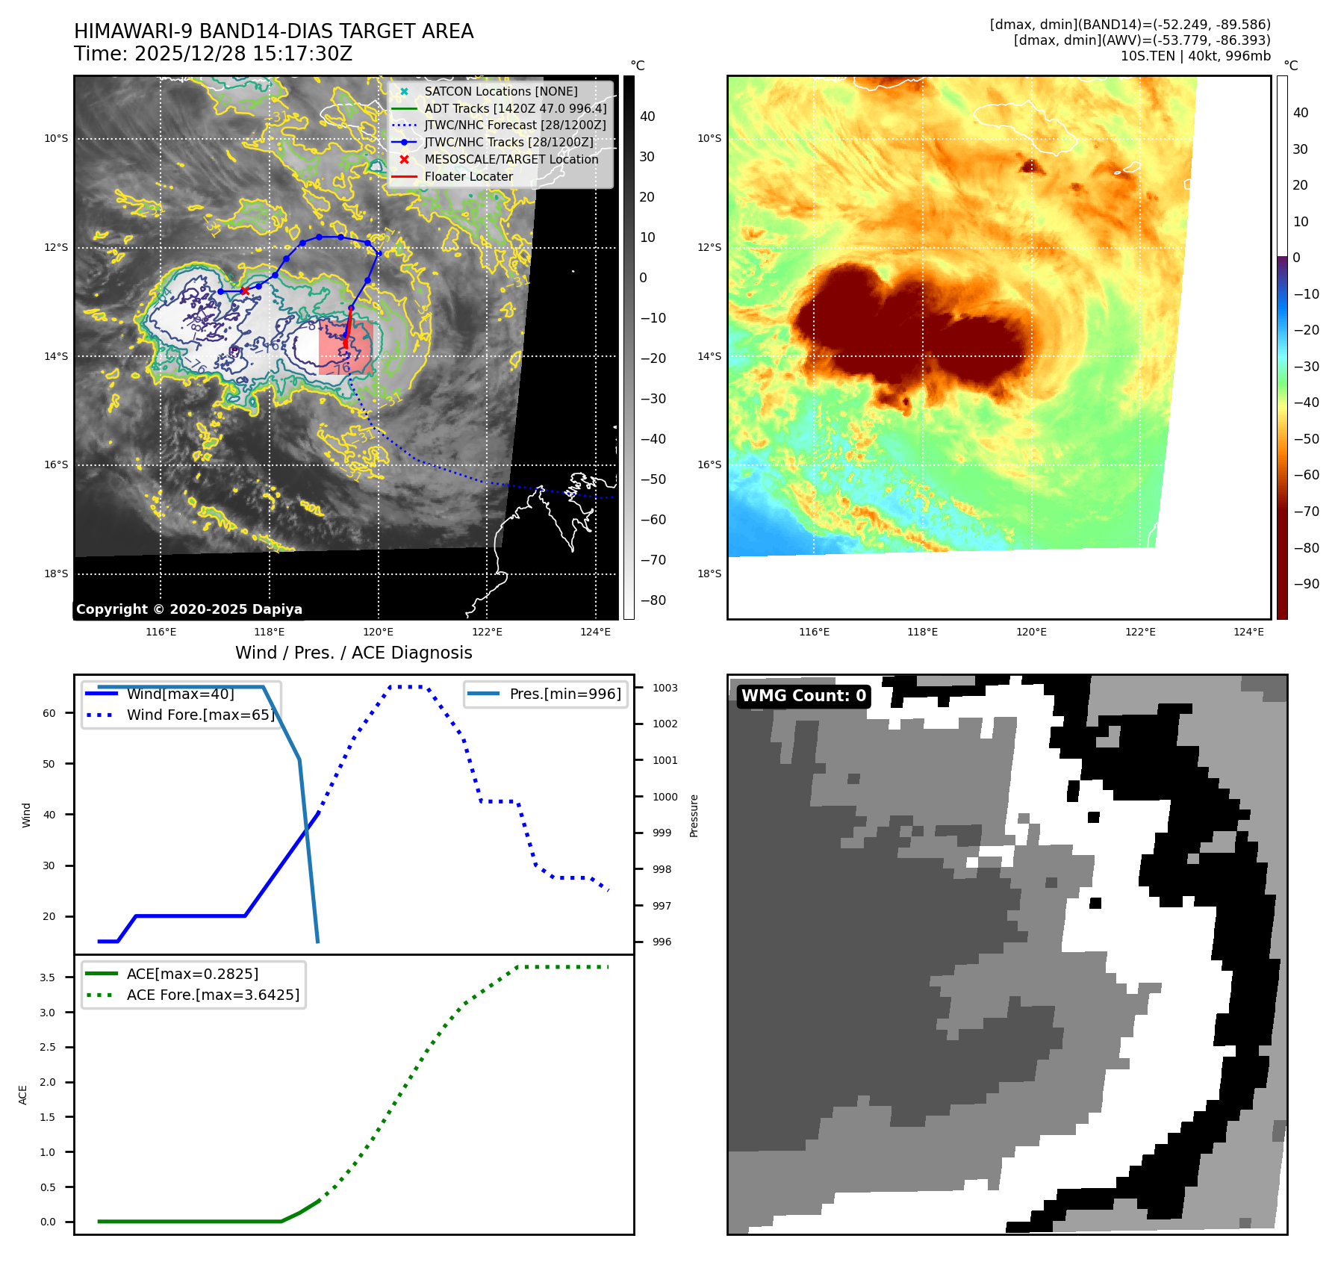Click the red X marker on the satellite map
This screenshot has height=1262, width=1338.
click(245, 290)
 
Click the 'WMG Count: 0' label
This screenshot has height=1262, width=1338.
click(803, 696)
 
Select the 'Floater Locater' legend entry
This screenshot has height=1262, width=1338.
click(468, 177)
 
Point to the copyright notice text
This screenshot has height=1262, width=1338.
click(189, 609)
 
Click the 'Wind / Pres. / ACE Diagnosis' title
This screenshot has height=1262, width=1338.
click(354, 653)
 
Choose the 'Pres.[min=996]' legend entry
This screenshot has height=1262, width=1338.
click(564, 694)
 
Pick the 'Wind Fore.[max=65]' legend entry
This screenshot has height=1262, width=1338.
click(200, 715)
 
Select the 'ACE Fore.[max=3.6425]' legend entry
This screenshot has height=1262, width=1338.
click(213, 995)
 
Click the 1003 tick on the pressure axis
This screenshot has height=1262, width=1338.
click(665, 688)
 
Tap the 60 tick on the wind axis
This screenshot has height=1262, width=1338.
click(49, 713)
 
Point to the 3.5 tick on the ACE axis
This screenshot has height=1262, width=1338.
click(47, 977)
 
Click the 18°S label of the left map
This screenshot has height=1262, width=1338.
click(56, 574)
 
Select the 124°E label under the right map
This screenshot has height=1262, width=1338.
click(1248, 632)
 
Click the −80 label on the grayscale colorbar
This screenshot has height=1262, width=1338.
click(653, 600)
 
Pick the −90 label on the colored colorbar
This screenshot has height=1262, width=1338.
click(1306, 584)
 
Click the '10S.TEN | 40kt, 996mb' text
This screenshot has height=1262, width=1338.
click(1195, 56)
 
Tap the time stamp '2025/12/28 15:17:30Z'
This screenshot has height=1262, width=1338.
click(243, 55)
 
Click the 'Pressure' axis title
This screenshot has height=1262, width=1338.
click(694, 815)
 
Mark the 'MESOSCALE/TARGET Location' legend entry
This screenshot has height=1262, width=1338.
click(511, 160)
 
